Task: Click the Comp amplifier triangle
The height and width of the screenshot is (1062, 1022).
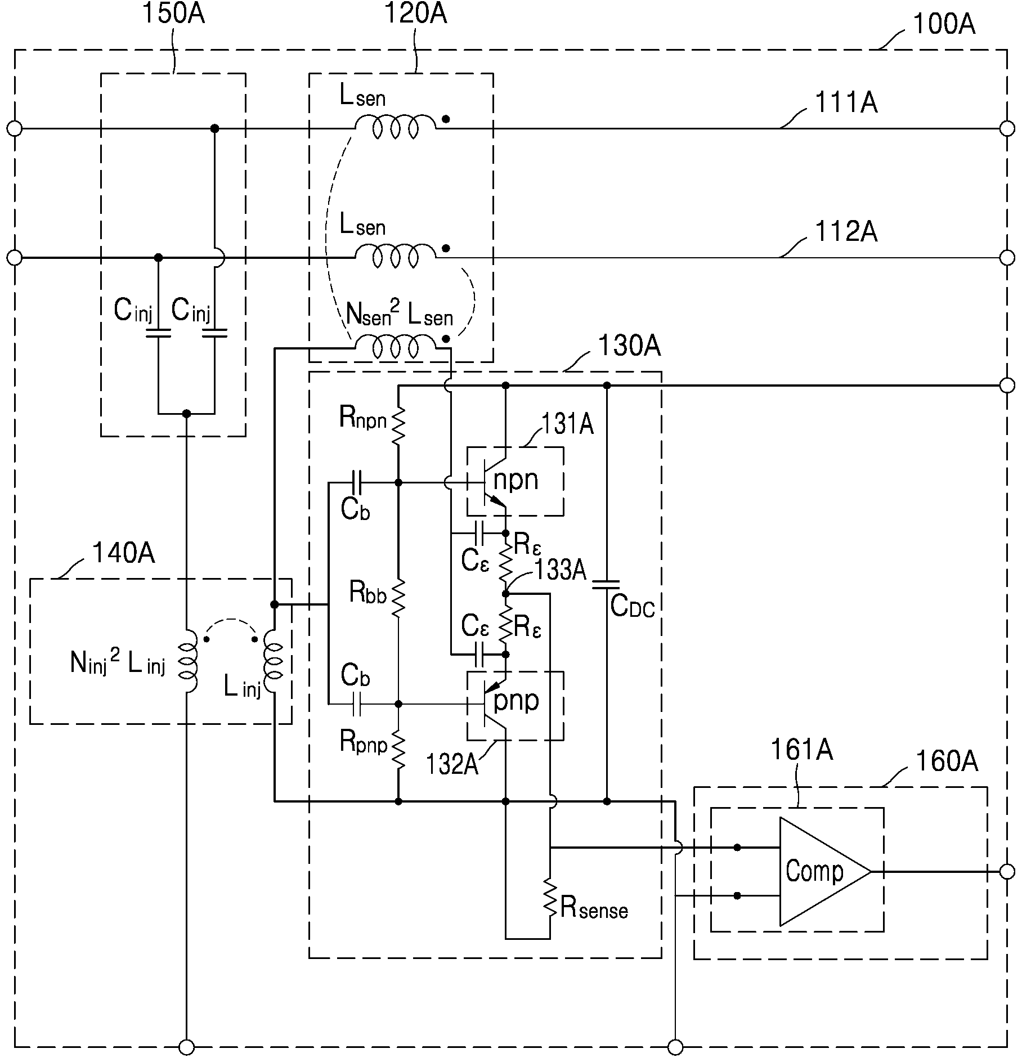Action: click(x=825, y=872)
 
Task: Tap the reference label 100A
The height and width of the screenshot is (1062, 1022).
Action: click(x=944, y=25)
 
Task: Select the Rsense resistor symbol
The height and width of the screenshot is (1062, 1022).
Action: click(x=550, y=898)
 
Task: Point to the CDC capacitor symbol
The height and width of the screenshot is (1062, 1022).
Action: click(x=606, y=585)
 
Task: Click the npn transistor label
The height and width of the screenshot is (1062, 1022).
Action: click(x=516, y=480)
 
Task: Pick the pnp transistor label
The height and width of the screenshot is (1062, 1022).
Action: click(x=516, y=701)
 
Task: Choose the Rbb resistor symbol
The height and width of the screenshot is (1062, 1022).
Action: click(x=398, y=598)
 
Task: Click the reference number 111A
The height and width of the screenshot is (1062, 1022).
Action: click(x=846, y=103)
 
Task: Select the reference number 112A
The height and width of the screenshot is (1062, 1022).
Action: click(x=846, y=232)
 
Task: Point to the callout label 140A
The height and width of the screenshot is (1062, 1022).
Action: click(x=123, y=553)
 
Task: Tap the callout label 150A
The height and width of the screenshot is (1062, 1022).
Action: click(x=173, y=14)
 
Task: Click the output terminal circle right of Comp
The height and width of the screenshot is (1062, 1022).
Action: click(x=1007, y=872)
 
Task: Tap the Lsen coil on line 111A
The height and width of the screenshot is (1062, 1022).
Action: click(x=395, y=127)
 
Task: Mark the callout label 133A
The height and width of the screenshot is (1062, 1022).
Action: click(x=560, y=571)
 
